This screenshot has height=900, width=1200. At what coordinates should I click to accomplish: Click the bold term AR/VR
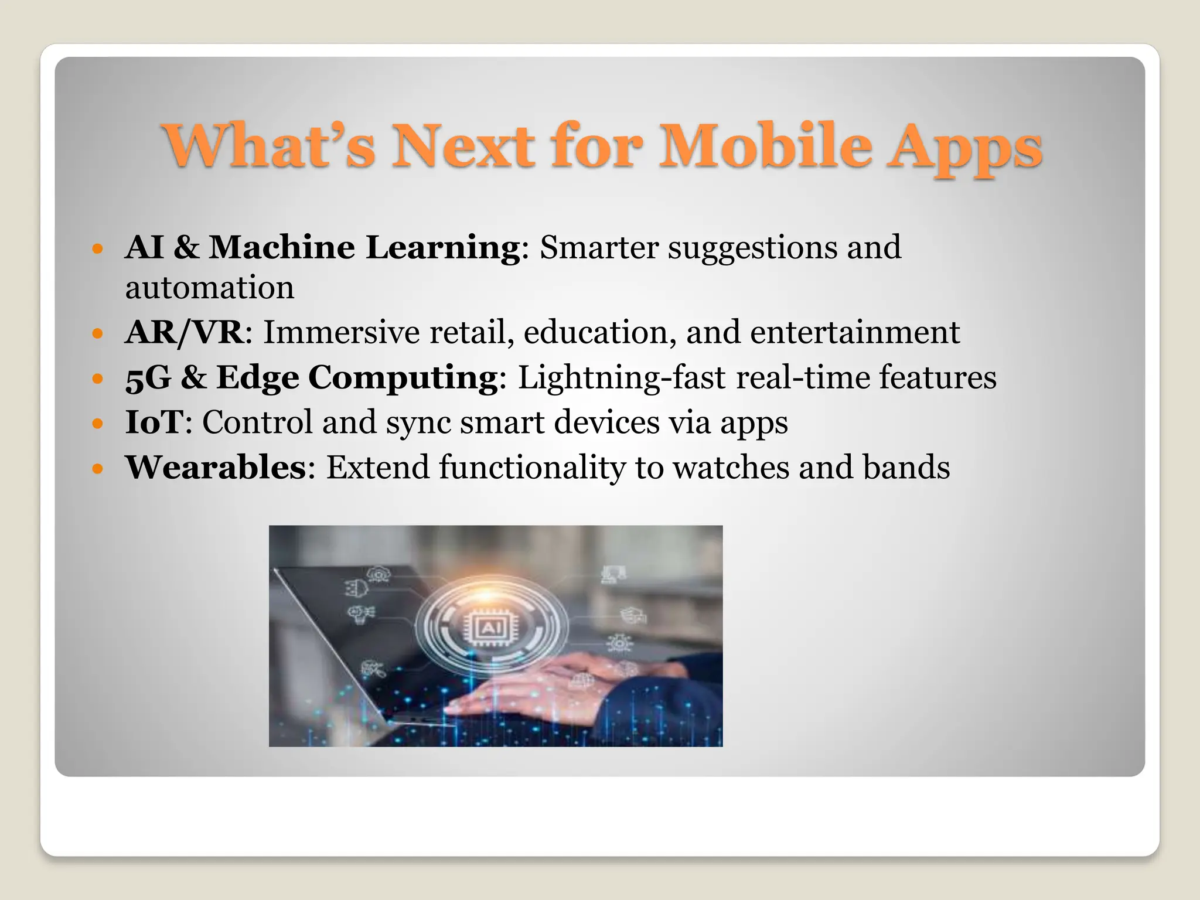pos(184,332)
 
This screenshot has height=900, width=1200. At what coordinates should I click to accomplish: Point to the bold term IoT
pos(154,422)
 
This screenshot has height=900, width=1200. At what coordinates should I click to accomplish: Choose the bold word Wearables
pos(216,467)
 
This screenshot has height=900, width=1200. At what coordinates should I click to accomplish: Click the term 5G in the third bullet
pos(148,377)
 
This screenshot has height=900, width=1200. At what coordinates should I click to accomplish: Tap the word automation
pos(209,288)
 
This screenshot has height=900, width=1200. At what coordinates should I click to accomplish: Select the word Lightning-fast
pos(622,377)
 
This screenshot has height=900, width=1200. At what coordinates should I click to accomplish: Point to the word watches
pos(731,467)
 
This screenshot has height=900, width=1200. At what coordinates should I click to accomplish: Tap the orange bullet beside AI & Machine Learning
pos(98,248)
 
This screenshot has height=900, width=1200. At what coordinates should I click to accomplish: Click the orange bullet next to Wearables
pos(98,469)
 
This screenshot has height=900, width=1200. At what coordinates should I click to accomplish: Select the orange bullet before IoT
pos(98,423)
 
